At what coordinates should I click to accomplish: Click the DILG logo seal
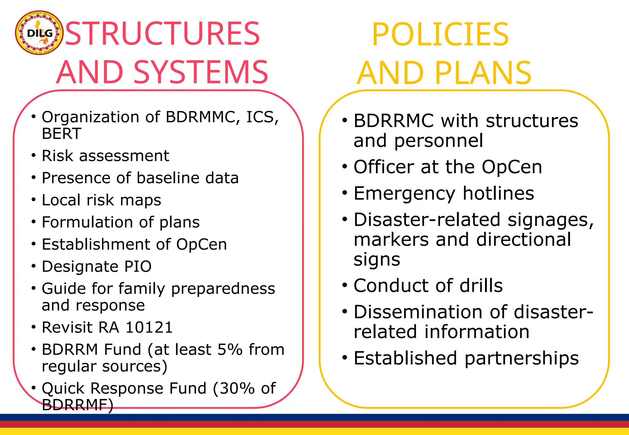point(39,33)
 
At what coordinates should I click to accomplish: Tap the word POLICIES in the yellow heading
point(440,34)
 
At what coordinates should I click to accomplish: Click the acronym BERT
point(61,134)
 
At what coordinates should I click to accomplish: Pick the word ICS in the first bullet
point(262,117)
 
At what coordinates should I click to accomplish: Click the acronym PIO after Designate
point(138,266)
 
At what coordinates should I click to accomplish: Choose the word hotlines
point(498,193)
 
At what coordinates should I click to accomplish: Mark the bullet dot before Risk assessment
point(34,155)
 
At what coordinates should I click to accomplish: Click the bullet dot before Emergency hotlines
point(345,193)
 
